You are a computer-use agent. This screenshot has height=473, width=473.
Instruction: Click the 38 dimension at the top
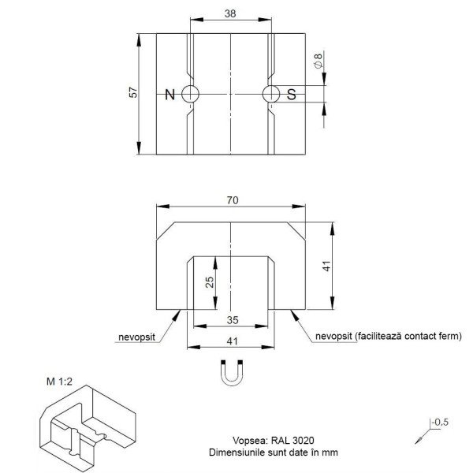230,13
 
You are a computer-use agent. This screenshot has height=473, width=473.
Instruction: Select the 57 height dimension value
133,93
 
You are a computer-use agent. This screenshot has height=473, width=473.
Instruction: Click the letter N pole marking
169,95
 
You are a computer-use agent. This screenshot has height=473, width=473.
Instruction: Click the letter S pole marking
291,95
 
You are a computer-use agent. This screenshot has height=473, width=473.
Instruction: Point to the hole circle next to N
190,94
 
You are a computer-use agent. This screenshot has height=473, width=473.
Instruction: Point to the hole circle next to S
271,94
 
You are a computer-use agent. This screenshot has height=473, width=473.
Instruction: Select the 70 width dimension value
231,200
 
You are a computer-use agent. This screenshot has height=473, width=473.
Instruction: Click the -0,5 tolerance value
440,423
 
